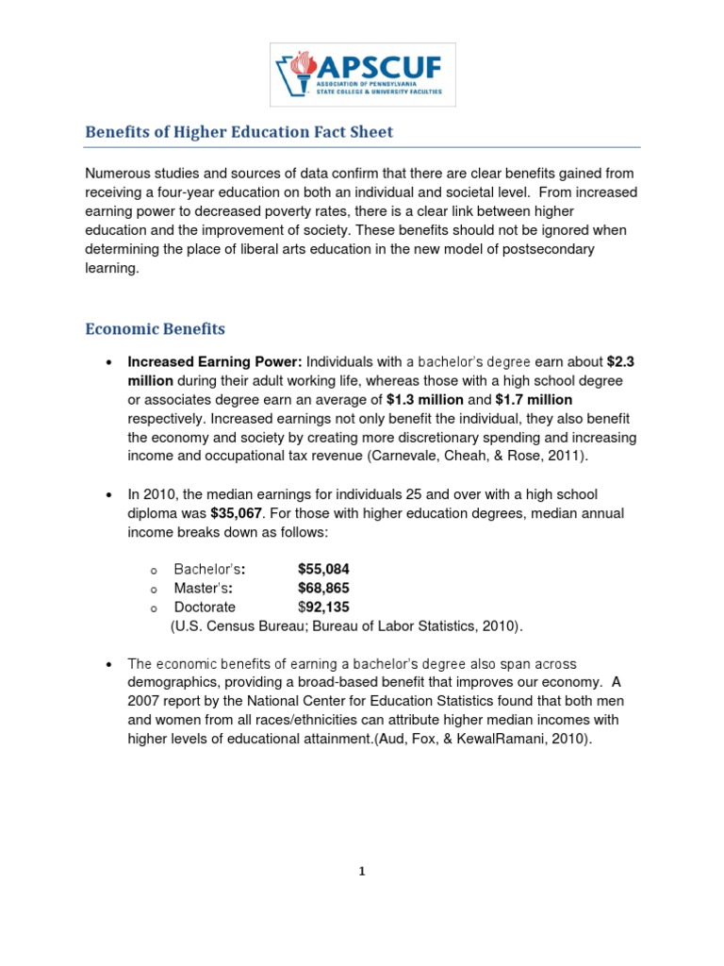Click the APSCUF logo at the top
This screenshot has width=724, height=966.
[362, 74]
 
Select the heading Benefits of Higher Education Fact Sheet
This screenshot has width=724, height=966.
[239, 132]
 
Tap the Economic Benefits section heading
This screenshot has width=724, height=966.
[156, 329]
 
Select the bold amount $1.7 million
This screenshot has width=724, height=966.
[534, 399]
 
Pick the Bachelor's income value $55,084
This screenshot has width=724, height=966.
[323, 569]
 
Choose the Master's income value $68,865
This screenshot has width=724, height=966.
[323, 588]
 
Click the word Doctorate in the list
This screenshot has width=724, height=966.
[205, 607]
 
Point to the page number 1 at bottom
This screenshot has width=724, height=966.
[361, 872]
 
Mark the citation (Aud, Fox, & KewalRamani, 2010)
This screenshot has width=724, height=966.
[483, 740]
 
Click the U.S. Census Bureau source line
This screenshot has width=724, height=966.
[346, 625]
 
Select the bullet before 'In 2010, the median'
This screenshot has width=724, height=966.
[110, 494]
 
